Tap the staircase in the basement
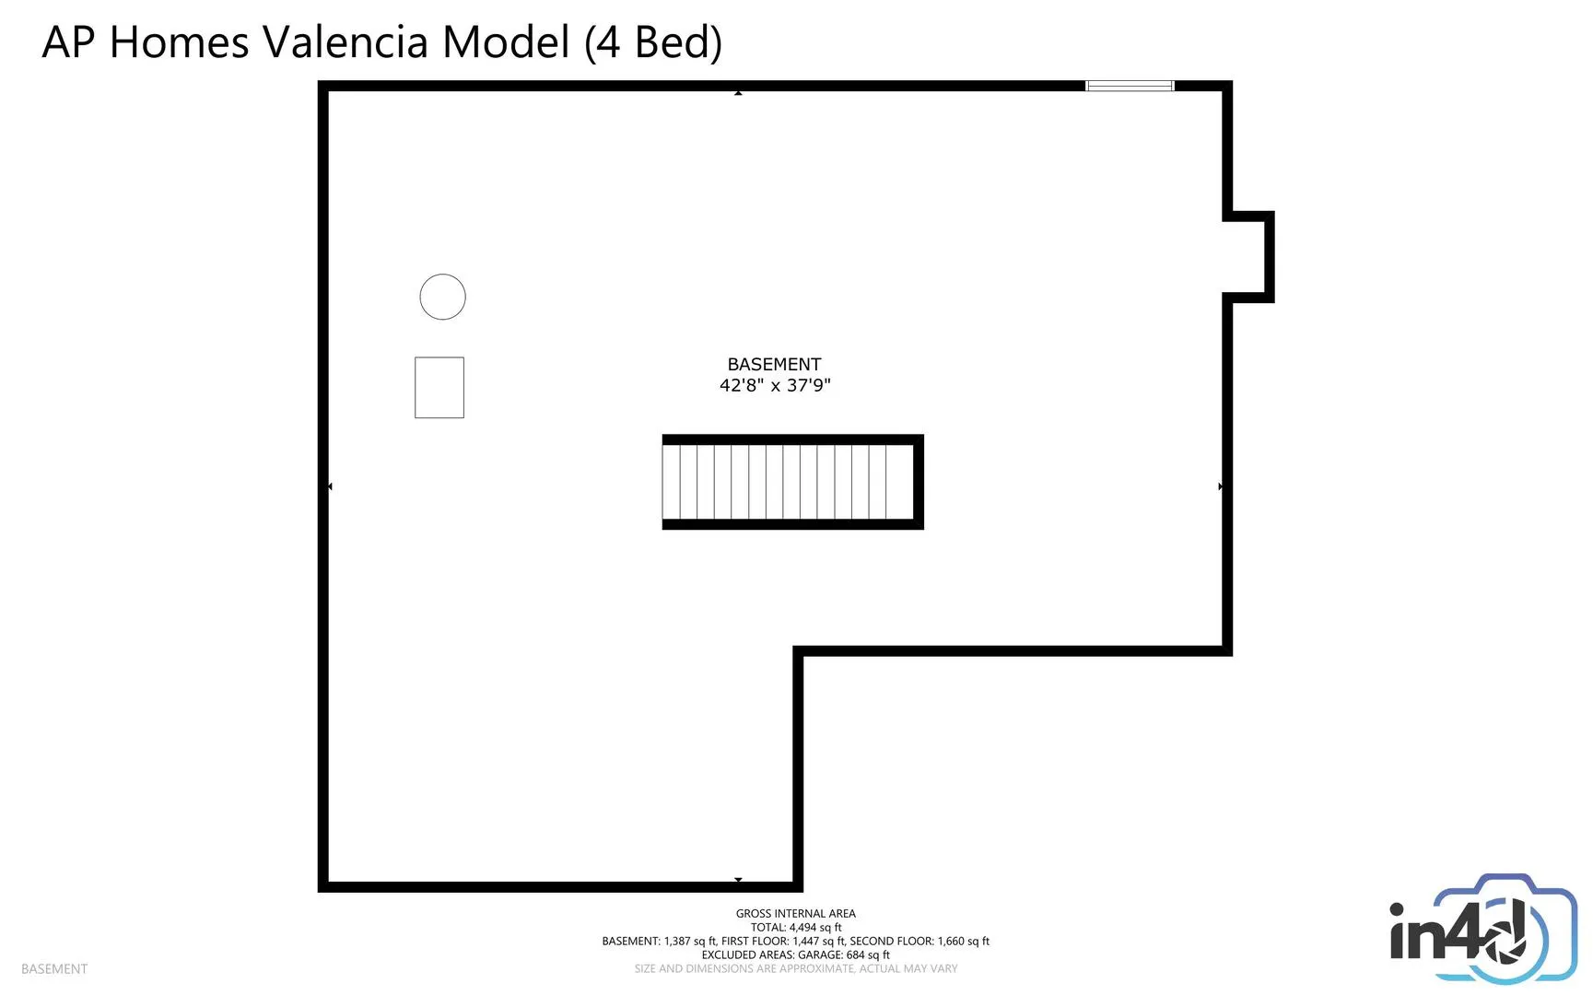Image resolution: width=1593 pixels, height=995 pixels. point(792,482)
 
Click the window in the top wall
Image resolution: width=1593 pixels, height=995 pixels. point(1130,86)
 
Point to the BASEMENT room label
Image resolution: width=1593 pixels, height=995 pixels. point(774,364)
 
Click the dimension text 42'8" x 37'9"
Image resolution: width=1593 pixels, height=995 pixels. point(775,385)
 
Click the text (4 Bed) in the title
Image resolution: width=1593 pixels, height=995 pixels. point(653,42)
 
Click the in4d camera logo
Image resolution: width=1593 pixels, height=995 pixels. point(1483,929)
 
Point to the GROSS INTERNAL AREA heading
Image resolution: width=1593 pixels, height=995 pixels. point(796,914)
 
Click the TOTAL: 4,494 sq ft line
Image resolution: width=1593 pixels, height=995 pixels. point(796,928)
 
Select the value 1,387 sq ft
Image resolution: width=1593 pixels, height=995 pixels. point(690,942)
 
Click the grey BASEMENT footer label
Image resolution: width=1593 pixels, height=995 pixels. point(54,969)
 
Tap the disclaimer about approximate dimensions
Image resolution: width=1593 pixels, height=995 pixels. point(796,969)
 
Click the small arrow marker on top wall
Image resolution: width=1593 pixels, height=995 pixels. point(738,93)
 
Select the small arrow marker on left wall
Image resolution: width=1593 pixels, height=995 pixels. point(330,486)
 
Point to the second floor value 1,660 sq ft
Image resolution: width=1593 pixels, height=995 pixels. point(964,942)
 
